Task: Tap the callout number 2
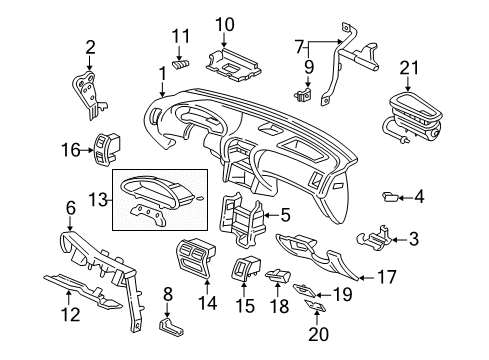(x=90, y=45)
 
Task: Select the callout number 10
(x=224, y=24)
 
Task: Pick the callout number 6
(x=71, y=207)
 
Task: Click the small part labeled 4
(x=390, y=196)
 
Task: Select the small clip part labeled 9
(x=300, y=96)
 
